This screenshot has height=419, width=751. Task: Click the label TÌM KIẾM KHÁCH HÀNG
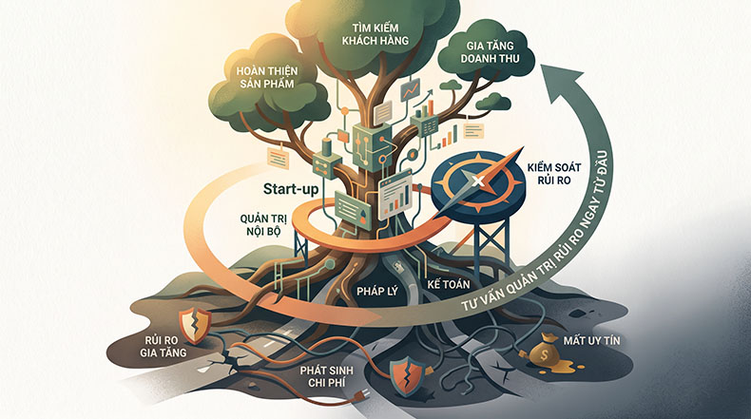(x=375, y=34)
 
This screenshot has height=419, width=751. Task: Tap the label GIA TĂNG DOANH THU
(x=490, y=52)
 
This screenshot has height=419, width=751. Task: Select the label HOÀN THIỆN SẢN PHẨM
(x=267, y=77)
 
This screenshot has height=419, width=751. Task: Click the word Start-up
(x=291, y=189)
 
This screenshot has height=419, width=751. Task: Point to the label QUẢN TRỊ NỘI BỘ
(x=263, y=225)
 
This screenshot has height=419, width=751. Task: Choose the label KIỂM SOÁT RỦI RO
(x=554, y=174)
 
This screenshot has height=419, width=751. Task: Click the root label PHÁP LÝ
(x=377, y=291)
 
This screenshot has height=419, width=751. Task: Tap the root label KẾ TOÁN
(x=449, y=284)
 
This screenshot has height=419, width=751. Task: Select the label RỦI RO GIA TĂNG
(x=163, y=346)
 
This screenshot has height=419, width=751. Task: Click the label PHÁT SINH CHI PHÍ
(x=327, y=376)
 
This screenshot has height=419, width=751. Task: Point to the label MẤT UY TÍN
(x=591, y=340)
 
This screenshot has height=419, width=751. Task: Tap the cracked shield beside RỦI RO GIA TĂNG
(x=195, y=326)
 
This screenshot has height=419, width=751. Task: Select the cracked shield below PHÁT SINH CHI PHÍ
(x=408, y=377)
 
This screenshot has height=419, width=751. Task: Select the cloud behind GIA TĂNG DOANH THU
(x=490, y=53)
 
